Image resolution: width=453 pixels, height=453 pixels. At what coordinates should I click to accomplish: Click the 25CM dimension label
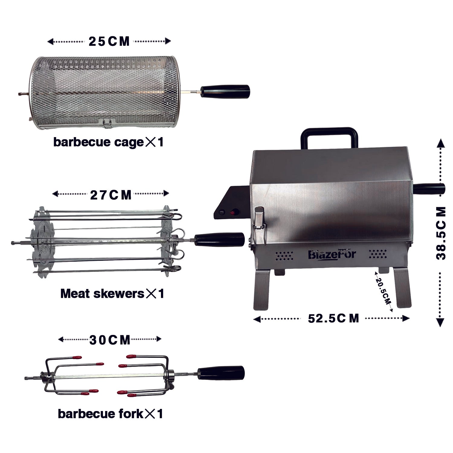click(109, 41)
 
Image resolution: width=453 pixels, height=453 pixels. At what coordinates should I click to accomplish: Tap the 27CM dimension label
click(111, 195)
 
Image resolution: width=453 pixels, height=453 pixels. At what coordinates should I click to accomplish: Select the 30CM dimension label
click(110, 340)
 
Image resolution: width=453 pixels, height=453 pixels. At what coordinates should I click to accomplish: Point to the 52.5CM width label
click(333, 318)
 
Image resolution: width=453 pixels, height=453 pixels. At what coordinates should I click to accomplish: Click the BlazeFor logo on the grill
click(332, 254)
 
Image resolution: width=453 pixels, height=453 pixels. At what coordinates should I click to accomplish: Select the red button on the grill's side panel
click(233, 212)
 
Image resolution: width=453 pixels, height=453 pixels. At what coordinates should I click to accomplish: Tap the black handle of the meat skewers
click(219, 239)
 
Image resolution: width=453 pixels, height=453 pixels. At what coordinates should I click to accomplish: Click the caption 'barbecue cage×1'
click(108, 142)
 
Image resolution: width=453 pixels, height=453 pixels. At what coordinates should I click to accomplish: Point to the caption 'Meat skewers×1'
click(112, 293)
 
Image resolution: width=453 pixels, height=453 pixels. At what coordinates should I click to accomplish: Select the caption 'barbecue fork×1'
click(110, 413)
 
